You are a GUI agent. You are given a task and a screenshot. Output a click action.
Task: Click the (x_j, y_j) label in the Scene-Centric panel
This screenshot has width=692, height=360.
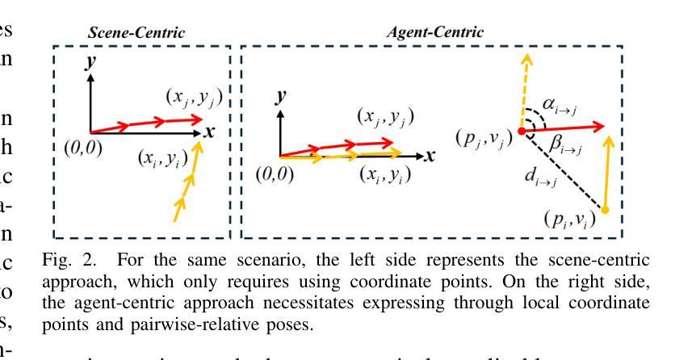point(193,98)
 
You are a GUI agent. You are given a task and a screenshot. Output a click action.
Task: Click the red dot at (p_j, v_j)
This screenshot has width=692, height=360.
point(522,130)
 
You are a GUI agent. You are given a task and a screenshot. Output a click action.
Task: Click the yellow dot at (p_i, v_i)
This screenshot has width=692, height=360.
point(605,210)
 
